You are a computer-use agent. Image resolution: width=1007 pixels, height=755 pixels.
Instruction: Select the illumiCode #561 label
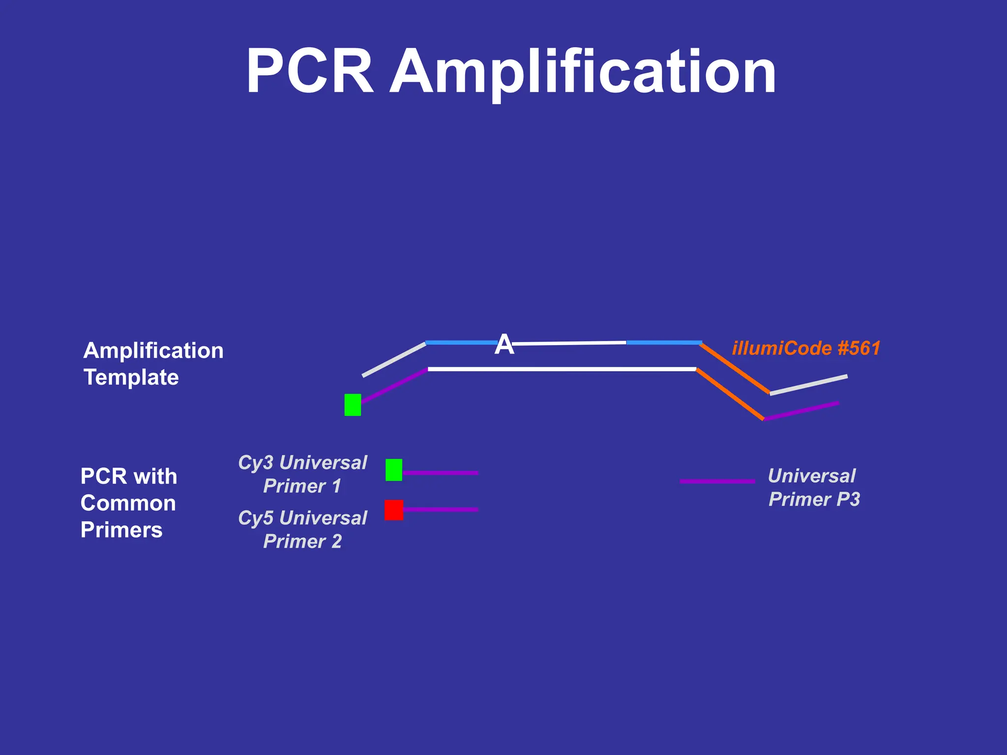[806, 348]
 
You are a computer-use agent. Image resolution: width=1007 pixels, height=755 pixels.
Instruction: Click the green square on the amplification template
[353, 405]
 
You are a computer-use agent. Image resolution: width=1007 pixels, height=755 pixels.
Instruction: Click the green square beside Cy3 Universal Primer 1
[394, 470]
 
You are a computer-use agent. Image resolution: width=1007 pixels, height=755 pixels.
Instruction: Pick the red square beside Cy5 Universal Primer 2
[394, 510]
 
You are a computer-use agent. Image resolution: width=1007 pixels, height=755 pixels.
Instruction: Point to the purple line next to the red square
[441, 510]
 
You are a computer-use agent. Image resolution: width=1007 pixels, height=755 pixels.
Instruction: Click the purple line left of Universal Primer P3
[717, 481]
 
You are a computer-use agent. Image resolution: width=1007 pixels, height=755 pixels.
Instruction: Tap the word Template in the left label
[131, 377]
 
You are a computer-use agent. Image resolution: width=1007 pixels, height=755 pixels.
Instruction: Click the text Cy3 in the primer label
[256, 463]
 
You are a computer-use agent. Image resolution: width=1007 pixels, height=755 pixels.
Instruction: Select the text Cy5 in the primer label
[256, 518]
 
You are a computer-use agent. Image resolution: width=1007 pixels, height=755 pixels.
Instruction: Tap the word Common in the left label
[128, 503]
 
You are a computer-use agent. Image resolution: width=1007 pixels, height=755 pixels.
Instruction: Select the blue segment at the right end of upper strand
[664, 342]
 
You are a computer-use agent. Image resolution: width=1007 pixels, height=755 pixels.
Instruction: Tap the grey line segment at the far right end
[809, 385]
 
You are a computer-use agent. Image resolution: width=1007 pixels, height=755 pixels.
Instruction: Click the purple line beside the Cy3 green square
[441, 473]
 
